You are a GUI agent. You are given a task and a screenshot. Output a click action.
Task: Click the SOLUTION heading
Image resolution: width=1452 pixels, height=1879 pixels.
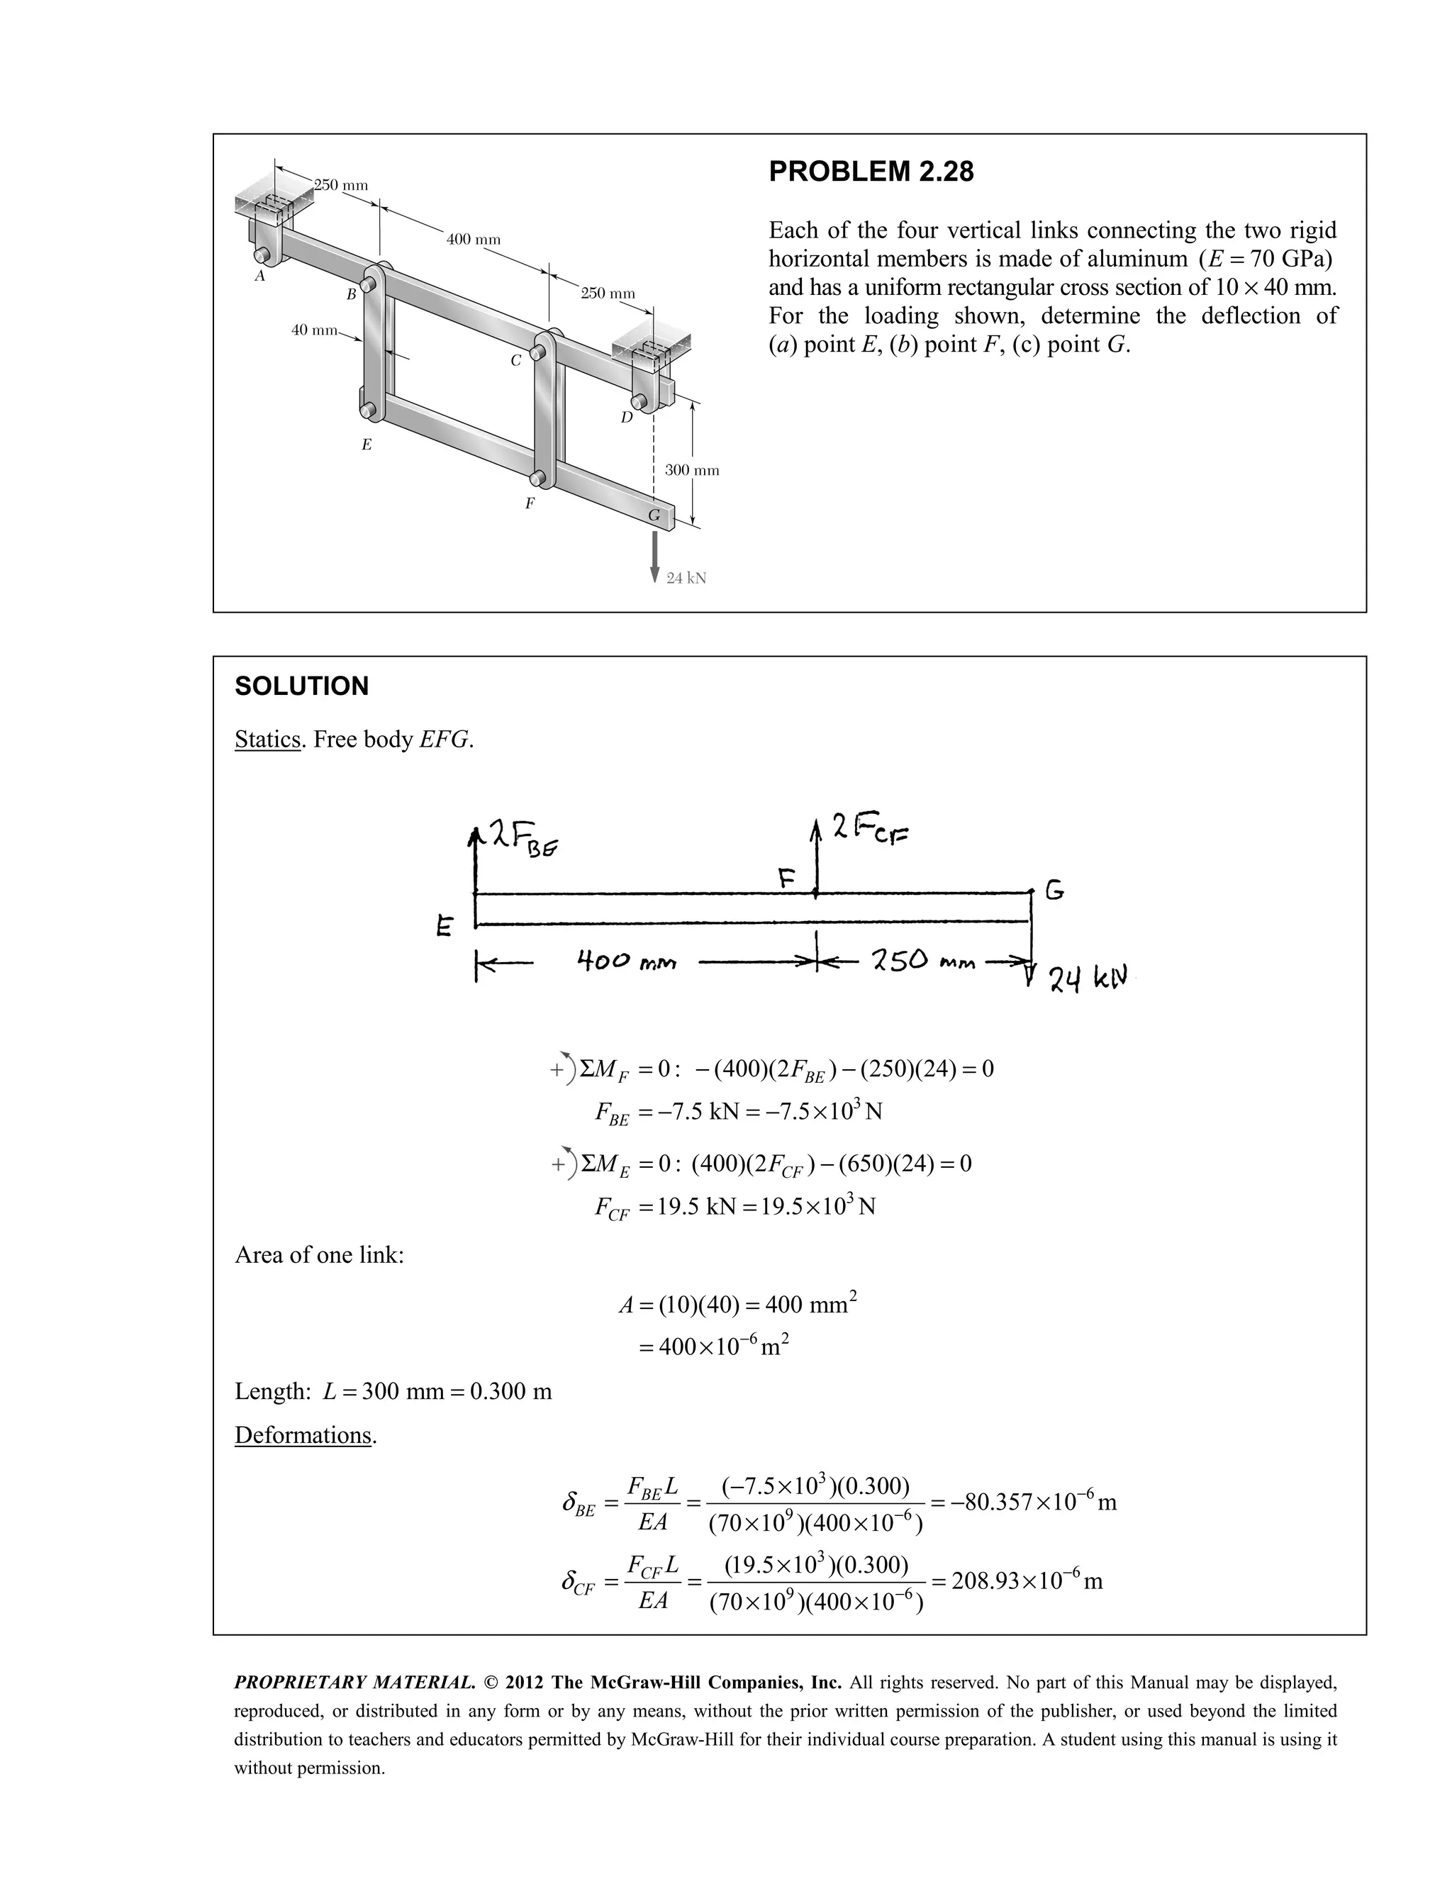click(301, 686)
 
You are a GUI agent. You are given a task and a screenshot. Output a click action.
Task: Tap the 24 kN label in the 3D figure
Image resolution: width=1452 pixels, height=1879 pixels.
click(686, 578)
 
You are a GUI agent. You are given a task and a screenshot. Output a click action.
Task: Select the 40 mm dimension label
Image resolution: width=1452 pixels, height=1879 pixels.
click(314, 330)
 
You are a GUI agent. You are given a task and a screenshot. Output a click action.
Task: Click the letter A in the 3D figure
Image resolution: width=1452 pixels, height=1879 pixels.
click(259, 277)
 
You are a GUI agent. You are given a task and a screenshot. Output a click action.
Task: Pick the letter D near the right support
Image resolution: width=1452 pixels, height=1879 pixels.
click(626, 417)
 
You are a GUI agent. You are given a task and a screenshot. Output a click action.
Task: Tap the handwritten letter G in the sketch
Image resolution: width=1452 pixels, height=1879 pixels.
click(1054, 891)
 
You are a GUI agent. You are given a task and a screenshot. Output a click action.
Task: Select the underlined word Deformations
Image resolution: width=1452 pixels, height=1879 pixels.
click(303, 1435)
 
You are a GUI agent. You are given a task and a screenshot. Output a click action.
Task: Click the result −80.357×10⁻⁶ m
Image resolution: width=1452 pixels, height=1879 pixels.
click(1029, 1503)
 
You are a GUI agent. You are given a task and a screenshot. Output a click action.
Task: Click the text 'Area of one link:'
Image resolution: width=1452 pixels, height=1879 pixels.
click(319, 1255)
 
